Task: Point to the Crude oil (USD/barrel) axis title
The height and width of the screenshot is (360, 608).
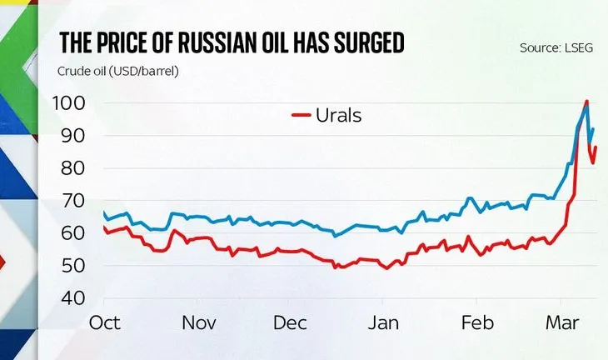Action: (x=118, y=70)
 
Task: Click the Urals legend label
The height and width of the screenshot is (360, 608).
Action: (x=339, y=115)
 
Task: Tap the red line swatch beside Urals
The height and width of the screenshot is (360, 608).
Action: (x=302, y=116)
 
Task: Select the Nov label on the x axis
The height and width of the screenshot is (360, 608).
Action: (x=199, y=322)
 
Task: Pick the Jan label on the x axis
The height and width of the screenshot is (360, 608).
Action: (x=385, y=322)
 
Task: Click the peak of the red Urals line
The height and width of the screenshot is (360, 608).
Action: (x=587, y=102)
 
